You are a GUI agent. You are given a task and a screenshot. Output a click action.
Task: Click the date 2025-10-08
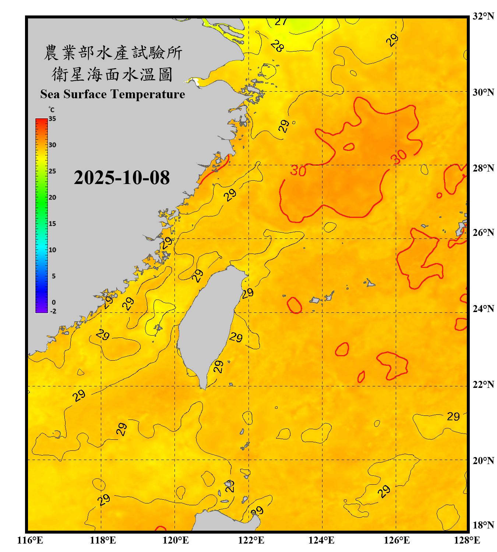click(121, 177)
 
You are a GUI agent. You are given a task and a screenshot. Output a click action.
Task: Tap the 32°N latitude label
click(483, 16)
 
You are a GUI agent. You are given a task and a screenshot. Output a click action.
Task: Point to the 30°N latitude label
click(483, 92)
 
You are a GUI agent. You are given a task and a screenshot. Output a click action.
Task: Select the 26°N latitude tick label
click(483, 233)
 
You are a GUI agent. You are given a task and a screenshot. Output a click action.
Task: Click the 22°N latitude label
click(483, 385)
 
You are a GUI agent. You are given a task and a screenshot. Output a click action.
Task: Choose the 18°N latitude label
click(483, 525)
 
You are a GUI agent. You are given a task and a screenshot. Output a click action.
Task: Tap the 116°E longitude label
click(30, 540)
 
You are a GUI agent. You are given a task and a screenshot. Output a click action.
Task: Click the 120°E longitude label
click(176, 540)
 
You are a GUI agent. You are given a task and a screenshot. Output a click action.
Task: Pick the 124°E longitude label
click(321, 540)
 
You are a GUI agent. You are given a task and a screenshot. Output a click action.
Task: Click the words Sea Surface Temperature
click(113, 94)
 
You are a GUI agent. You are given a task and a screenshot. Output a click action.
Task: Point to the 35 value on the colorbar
click(52, 119)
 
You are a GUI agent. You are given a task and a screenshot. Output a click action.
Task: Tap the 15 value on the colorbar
click(52, 224)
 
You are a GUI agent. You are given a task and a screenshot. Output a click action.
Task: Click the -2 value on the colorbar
click(53, 311)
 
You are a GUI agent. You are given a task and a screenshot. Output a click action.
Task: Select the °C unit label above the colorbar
click(52, 110)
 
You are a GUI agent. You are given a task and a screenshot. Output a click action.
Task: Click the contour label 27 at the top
click(281, 22)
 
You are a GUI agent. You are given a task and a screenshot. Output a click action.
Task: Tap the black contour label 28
click(277, 46)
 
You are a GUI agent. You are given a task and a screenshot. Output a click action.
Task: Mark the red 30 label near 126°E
click(399, 157)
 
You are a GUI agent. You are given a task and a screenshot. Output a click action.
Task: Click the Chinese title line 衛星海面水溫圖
click(112, 74)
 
